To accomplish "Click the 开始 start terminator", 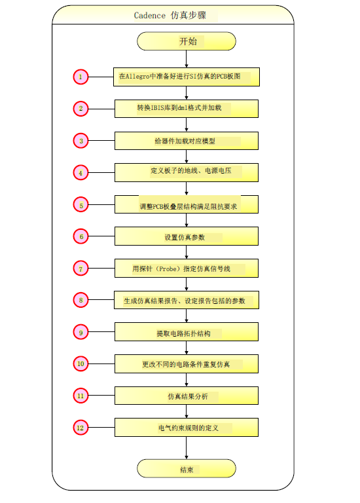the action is [187, 41].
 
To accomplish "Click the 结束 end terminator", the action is [187, 468].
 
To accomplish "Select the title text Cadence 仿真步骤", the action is [170, 15].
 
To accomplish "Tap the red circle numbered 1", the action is [81, 77].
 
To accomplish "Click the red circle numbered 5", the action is [81, 204].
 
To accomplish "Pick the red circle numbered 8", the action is [81, 300].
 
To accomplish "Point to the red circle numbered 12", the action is [81, 427].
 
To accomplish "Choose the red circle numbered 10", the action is [81, 363].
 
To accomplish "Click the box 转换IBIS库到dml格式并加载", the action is [187, 109].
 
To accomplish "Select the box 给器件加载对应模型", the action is [187, 141].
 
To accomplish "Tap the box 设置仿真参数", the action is [187, 236].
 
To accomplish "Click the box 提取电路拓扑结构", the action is [187, 331].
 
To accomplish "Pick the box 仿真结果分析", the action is [187, 396].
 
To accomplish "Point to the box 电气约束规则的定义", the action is [187, 427].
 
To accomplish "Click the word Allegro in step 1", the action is [137, 77].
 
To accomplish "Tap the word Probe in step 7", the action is [168, 269].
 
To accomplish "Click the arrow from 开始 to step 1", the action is [187, 59].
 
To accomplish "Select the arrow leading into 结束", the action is [187, 448].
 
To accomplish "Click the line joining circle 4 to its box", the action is [101, 173].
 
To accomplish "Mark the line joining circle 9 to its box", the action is [101, 331].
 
